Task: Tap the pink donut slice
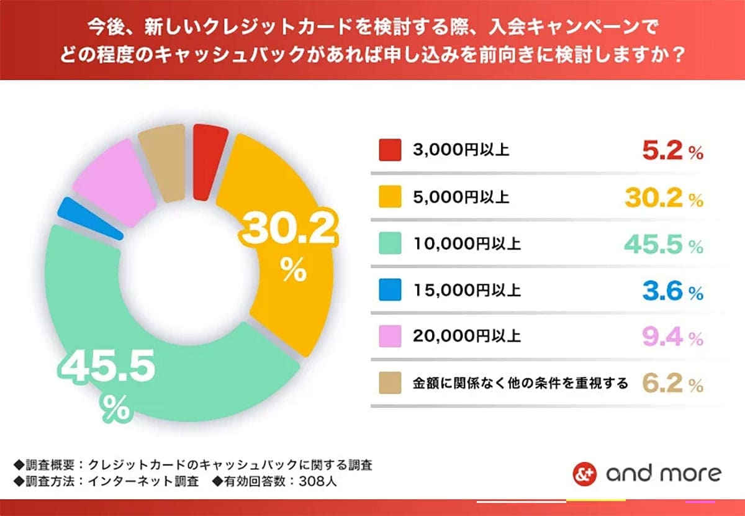click(x=115, y=183)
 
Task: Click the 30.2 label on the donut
click(x=289, y=231)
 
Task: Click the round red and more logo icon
click(x=584, y=474)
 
